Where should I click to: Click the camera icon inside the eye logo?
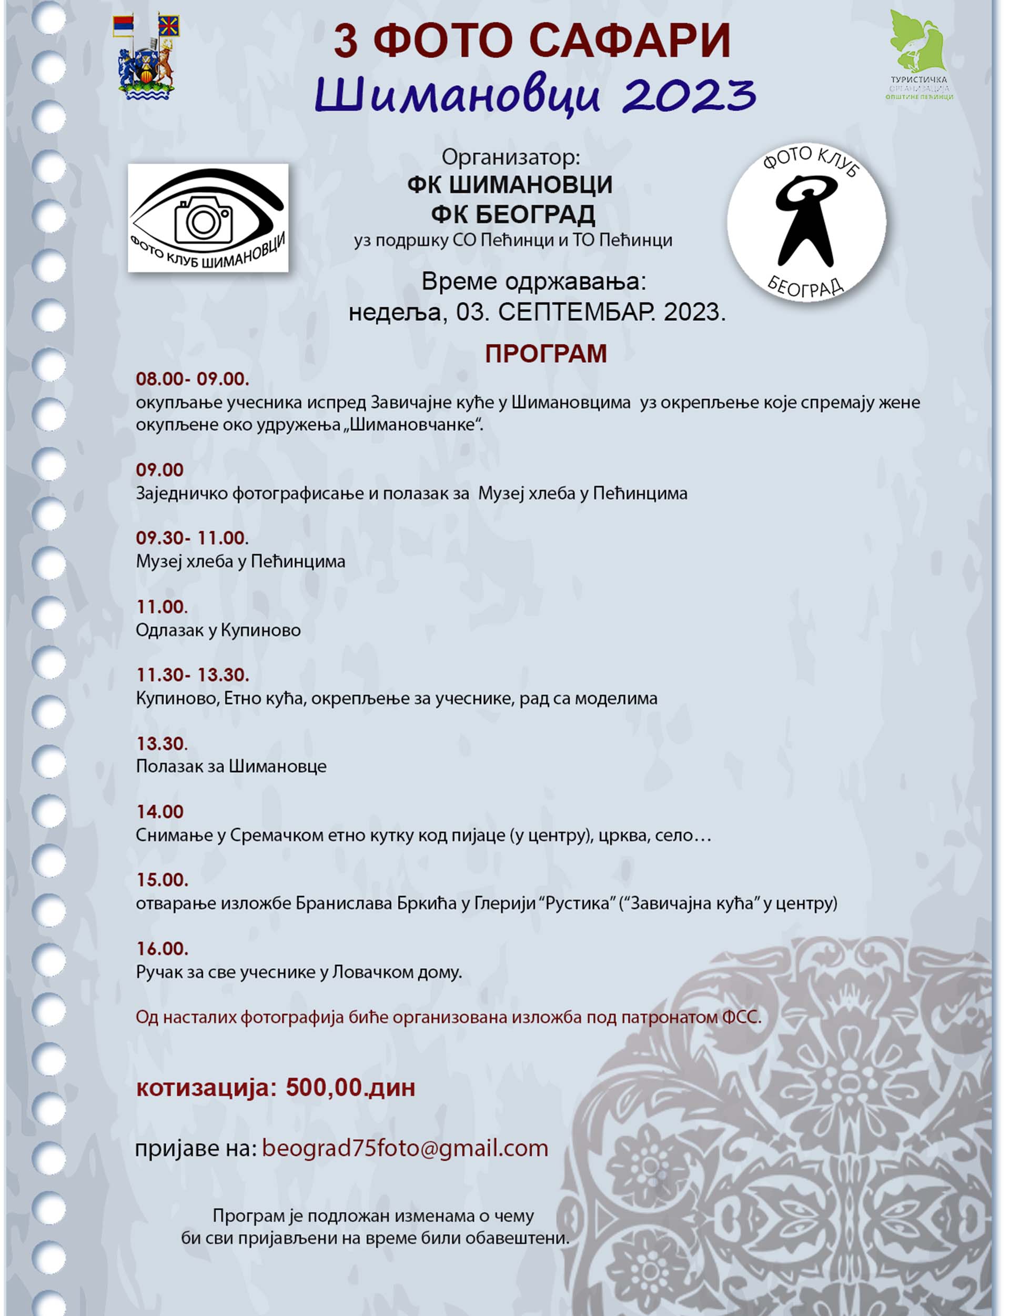pyautogui.click(x=203, y=220)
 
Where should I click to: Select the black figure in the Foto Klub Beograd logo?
pyautogui.click(x=805, y=220)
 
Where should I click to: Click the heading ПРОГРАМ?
pyautogui.click(x=546, y=354)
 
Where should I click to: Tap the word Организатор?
pyautogui.click(x=510, y=157)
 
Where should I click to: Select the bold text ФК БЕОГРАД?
pyautogui.click(x=513, y=214)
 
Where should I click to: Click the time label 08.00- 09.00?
pyautogui.click(x=193, y=379)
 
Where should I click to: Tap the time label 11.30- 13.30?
pyautogui.click(x=193, y=675)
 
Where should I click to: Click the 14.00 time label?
pyautogui.click(x=159, y=812)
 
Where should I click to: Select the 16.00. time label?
pyautogui.click(x=161, y=949)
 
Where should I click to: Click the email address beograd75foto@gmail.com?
pyautogui.click(x=405, y=1148)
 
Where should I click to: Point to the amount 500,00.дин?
pyautogui.click(x=350, y=1088)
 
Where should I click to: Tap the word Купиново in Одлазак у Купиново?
pyautogui.click(x=261, y=630)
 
